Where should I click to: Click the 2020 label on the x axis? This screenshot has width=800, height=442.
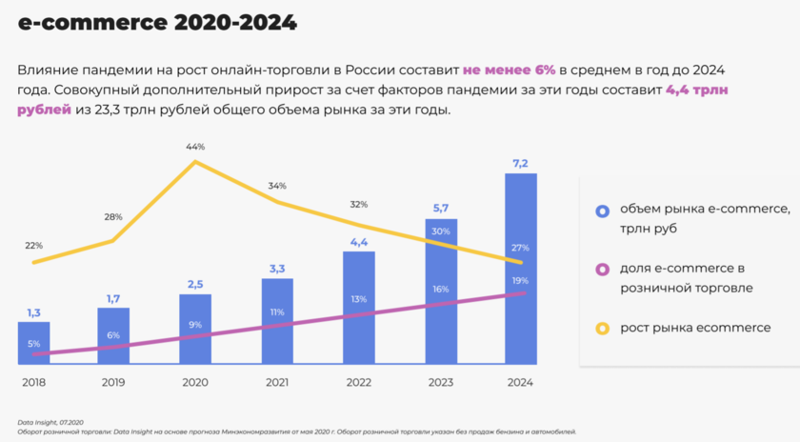tap(195, 382)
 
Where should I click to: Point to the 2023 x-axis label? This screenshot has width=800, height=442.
tap(439, 382)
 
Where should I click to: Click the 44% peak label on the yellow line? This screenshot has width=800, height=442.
tap(195, 147)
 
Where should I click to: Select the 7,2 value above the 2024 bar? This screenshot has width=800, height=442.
tap(521, 164)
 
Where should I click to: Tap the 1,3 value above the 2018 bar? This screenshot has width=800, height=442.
tap(33, 312)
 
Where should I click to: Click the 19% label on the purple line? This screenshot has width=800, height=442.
tap(521, 281)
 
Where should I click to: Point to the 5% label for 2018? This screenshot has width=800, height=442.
tap(33, 344)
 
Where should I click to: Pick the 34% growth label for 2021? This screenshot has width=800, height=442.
tap(277, 186)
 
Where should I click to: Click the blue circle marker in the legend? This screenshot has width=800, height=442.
tap(602, 211)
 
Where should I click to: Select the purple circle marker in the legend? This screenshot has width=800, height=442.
tap(602, 270)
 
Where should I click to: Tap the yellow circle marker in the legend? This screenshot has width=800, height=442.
tap(602, 329)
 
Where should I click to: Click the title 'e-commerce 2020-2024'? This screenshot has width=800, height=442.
tap(157, 22)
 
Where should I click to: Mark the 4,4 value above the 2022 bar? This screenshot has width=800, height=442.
tap(358, 242)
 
